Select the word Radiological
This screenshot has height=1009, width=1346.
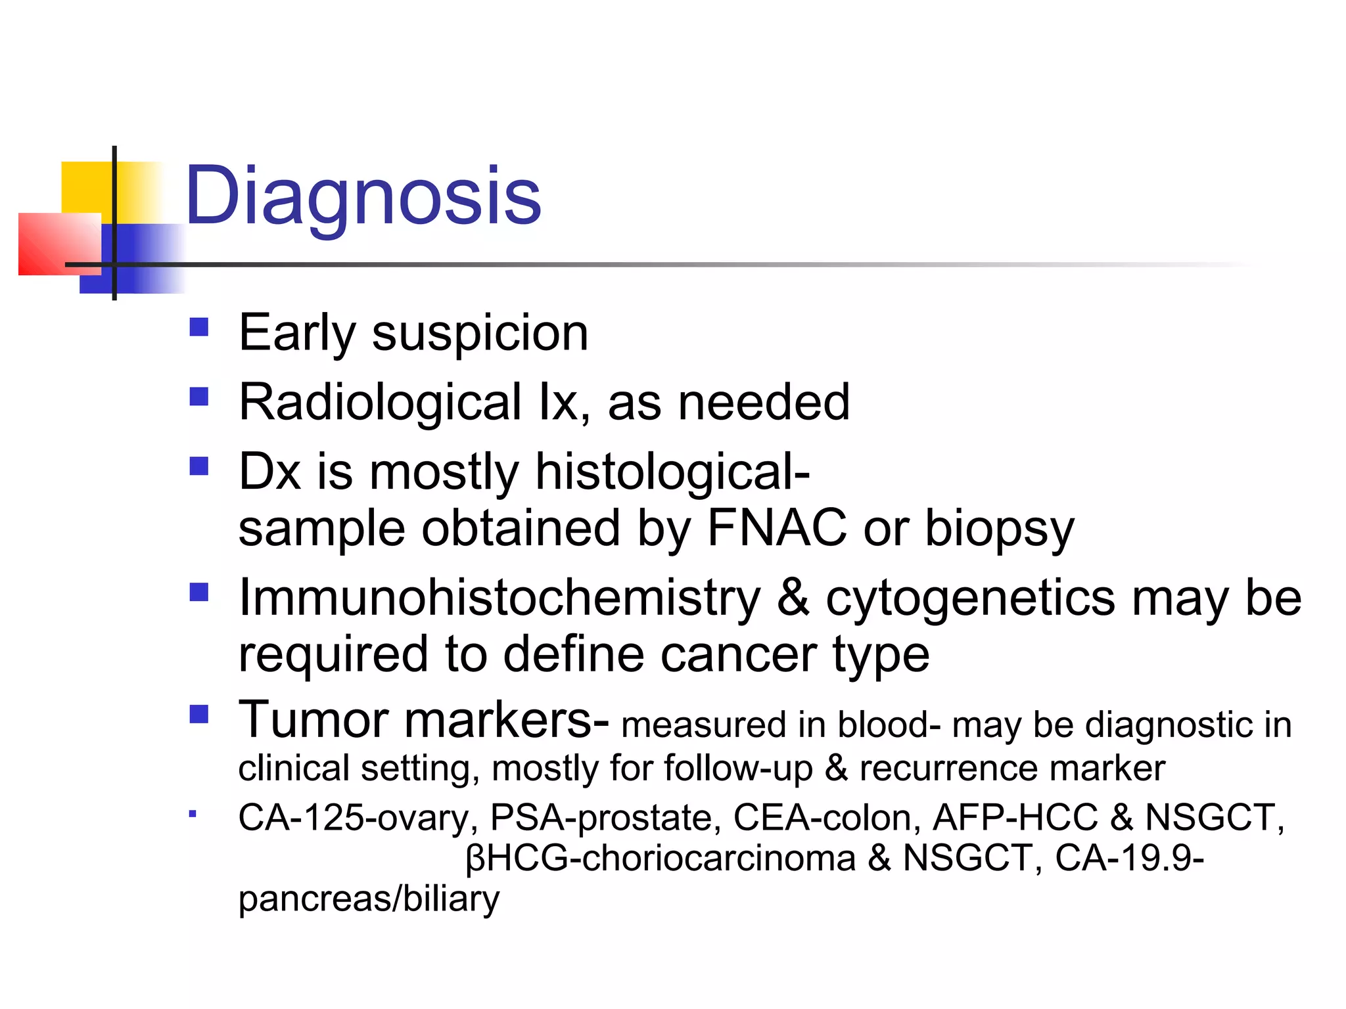click(380, 403)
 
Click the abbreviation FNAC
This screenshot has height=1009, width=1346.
click(776, 527)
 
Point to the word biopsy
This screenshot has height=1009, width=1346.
click(1000, 529)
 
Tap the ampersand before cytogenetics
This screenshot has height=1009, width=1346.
click(793, 598)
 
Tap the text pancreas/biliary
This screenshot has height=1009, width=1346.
click(369, 899)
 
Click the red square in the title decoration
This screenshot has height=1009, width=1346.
click(59, 244)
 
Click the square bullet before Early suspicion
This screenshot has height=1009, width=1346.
click(198, 327)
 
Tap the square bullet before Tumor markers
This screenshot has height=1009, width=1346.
click(198, 714)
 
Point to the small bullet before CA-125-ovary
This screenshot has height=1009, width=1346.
click(193, 815)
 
